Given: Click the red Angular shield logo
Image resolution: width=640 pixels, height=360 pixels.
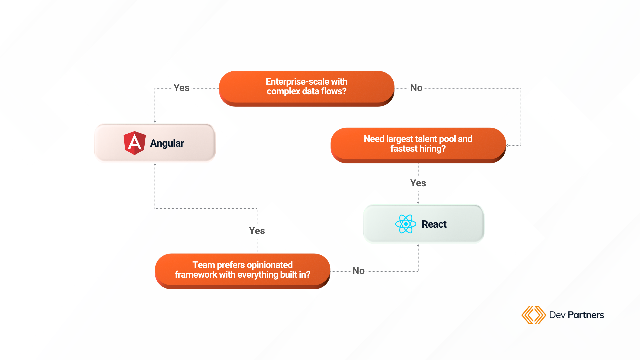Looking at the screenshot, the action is (x=134, y=143).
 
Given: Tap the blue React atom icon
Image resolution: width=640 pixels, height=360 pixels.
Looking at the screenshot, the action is (x=406, y=224).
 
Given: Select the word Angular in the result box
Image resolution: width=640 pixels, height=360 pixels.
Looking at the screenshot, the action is (x=167, y=143).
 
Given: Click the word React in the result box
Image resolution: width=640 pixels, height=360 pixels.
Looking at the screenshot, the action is (x=434, y=224).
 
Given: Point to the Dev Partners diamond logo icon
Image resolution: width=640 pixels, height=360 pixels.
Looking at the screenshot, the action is (x=534, y=315).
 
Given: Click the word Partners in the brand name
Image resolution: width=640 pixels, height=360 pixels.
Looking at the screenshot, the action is (x=586, y=315).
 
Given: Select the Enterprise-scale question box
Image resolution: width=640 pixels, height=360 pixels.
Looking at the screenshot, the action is (x=307, y=88).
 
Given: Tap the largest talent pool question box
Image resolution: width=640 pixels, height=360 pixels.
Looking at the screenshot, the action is (x=418, y=145).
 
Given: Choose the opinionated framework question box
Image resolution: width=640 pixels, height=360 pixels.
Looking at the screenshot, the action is (x=243, y=271).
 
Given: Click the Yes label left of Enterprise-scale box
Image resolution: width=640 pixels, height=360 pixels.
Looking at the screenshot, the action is (x=181, y=88).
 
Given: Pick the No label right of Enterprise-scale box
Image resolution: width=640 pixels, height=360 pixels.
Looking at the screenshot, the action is (x=416, y=88).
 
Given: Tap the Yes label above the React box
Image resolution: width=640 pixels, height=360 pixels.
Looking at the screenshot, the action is (x=418, y=183).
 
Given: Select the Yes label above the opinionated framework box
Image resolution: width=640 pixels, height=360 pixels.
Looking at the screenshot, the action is (x=257, y=231).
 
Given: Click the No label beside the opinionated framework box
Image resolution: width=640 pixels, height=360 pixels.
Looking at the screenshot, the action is (x=358, y=271).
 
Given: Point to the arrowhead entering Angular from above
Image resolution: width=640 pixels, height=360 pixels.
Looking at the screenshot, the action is (x=155, y=122).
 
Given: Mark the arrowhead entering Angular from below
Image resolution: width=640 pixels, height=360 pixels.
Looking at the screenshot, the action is (x=155, y=164).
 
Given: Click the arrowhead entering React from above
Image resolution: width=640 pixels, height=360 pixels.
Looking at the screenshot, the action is (x=418, y=202).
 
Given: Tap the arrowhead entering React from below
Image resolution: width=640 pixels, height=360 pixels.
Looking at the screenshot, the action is (x=418, y=245).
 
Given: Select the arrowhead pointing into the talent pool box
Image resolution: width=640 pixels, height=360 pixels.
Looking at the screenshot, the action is (x=507, y=145).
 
